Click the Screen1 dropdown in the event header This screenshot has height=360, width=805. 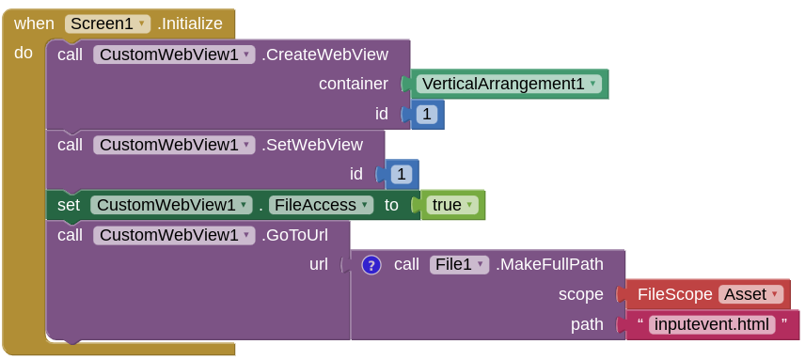(107, 24)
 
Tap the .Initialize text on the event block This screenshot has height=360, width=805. (190, 24)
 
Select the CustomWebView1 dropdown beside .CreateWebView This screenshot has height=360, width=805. (174, 55)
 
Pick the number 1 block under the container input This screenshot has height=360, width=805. (427, 115)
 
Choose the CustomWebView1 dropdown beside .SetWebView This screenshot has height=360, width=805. (174, 145)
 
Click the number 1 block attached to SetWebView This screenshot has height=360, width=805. (402, 174)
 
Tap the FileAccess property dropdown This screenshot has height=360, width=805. (321, 205)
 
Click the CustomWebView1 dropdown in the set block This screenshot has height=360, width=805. (171, 205)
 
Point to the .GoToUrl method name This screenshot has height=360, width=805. (294, 235)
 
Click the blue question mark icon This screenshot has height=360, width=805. (371, 265)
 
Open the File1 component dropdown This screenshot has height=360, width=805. (460, 265)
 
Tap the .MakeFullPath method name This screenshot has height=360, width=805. (556, 265)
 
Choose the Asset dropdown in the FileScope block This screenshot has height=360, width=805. (750, 294)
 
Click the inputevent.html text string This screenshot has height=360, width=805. (711, 324)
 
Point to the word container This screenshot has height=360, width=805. (353, 84)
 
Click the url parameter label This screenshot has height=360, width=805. (319, 265)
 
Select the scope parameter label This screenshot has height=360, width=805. (580, 294)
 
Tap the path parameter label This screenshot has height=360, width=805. (587, 324)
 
